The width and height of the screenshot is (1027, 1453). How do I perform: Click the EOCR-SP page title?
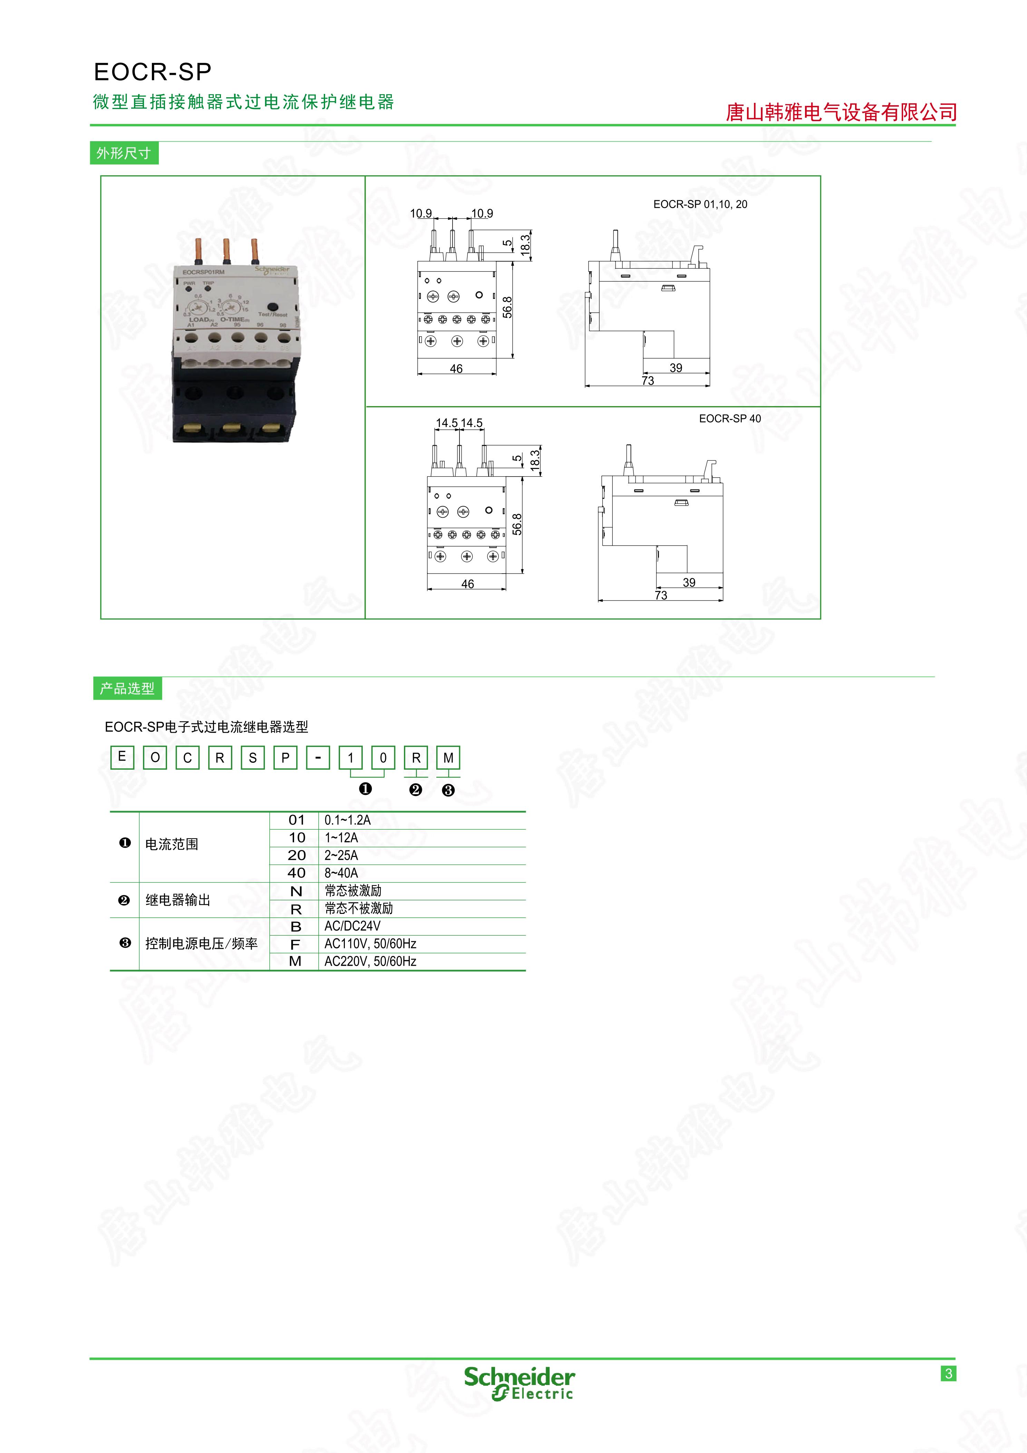point(153,72)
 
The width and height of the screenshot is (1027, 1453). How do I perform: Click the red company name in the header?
point(841,112)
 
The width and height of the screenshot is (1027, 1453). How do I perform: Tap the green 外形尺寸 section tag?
point(124,153)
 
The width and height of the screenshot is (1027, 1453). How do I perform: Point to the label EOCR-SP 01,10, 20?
point(700,204)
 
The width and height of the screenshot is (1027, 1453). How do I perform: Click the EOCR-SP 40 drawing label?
point(730,418)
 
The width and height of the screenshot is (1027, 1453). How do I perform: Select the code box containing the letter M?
point(448,758)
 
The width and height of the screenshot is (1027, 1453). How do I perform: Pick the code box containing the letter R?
point(416,758)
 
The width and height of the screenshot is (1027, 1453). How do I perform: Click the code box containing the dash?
point(318,758)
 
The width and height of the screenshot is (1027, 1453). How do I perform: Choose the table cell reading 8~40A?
point(341,873)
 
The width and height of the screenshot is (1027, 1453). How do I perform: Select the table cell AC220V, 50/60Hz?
point(370,961)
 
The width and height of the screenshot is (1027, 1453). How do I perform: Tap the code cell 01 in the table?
point(296,820)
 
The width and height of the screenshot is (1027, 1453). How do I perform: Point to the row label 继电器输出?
point(178,900)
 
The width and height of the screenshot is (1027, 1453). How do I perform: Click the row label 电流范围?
point(172,844)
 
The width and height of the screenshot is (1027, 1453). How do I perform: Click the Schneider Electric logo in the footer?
point(519,1383)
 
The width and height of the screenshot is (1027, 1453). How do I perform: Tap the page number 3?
point(949,1373)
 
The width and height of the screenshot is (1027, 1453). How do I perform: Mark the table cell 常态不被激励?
point(358,908)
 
